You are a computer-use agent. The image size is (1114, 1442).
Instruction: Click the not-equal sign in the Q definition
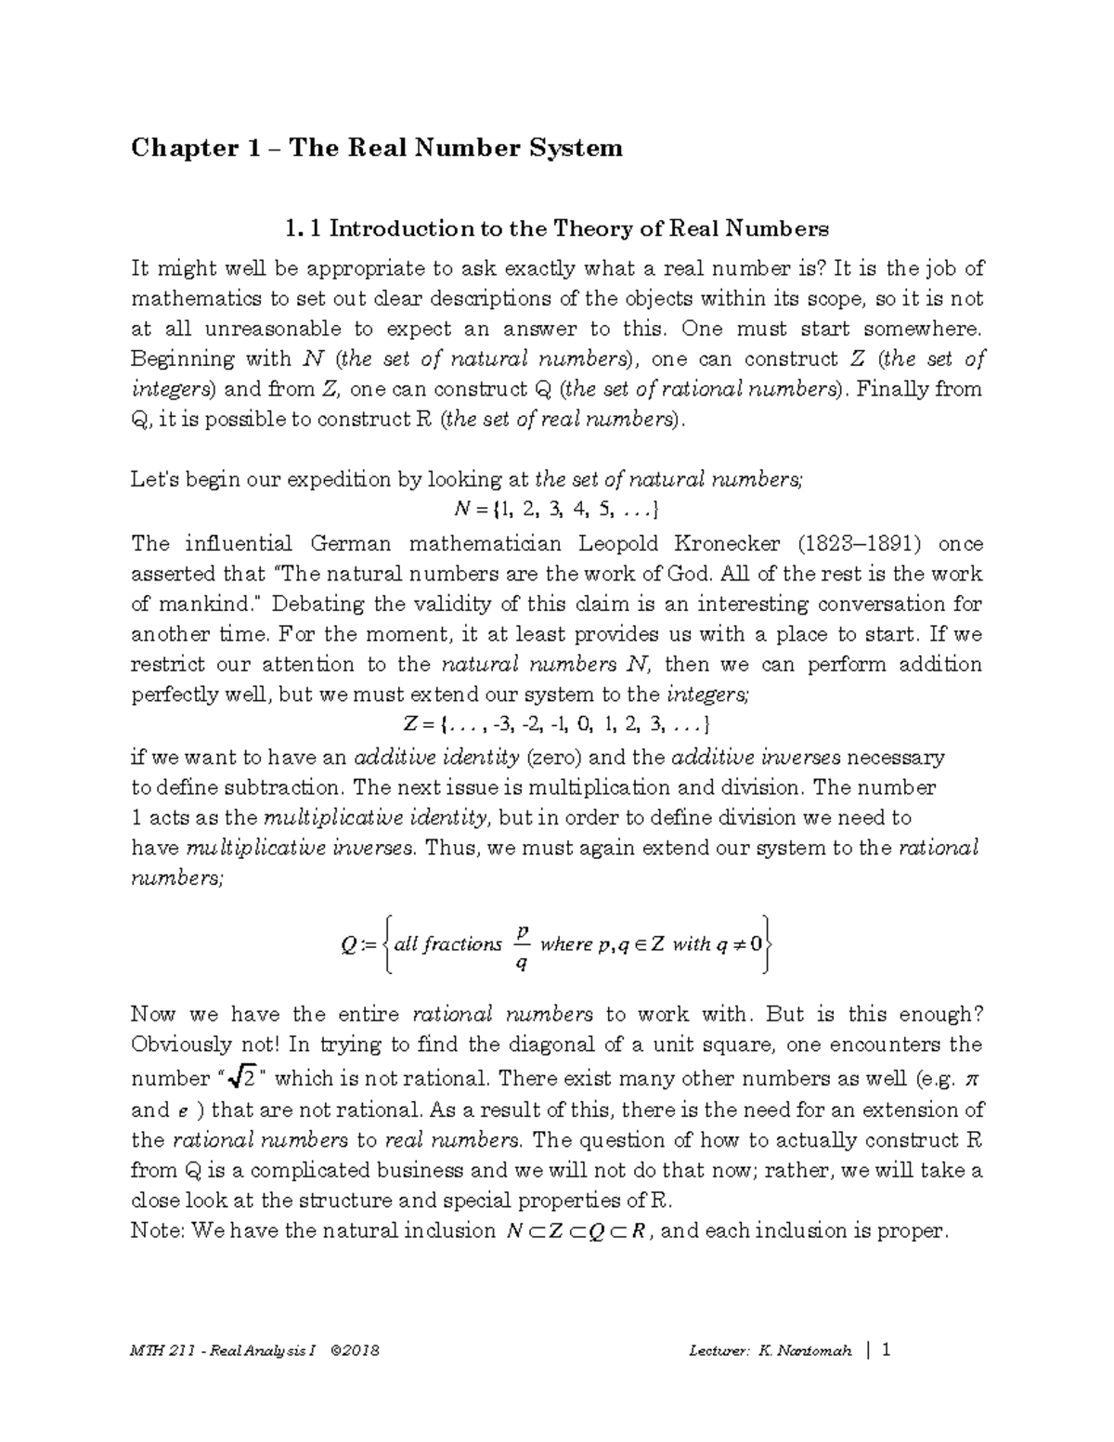click(738, 944)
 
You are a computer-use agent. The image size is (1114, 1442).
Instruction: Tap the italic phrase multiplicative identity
click(375, 818)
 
